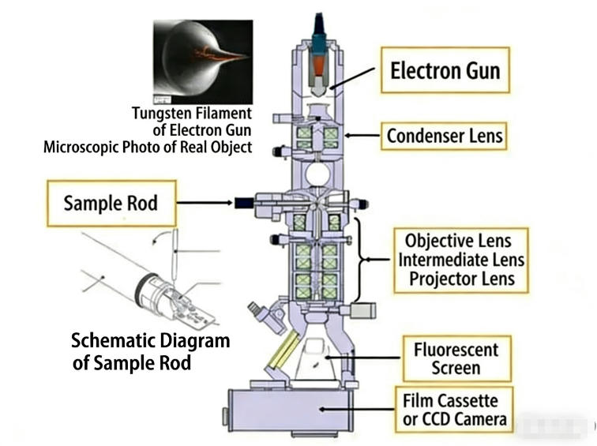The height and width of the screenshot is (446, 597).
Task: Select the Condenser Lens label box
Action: click(x=445, y=137)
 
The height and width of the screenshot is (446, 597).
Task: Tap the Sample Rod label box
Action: click(x=111, y=203)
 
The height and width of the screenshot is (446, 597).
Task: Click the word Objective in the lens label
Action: click(x=435, y=241)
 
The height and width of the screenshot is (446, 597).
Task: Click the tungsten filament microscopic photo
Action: click(x=203, y=62)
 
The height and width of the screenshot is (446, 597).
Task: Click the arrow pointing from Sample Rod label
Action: click(x=205, y=204)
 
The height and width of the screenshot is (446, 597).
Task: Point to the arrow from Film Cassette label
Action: click(x=371, y=408)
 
